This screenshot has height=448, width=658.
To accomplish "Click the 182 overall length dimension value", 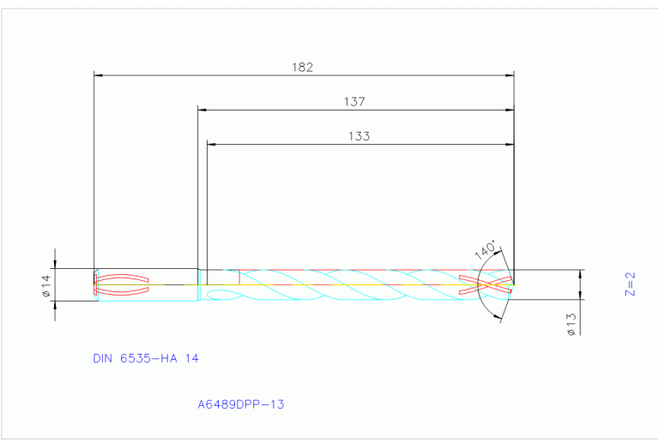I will point(303,66).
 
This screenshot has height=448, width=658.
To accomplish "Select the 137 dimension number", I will point(354,101).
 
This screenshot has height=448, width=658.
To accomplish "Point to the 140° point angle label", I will point(485,251).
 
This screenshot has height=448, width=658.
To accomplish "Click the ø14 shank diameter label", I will point(46,285).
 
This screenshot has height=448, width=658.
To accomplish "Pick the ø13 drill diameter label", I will point(570,325).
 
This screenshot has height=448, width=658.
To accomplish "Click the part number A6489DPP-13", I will point(240,403).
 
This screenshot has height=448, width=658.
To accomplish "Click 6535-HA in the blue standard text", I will point(152,359).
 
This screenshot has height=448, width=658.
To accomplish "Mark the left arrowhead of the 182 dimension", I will point(98,75).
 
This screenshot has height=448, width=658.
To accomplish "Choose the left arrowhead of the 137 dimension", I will point(202,110).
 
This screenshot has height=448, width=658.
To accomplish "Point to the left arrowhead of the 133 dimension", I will point(212,144).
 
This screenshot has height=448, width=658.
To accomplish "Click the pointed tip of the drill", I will point(514,284).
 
